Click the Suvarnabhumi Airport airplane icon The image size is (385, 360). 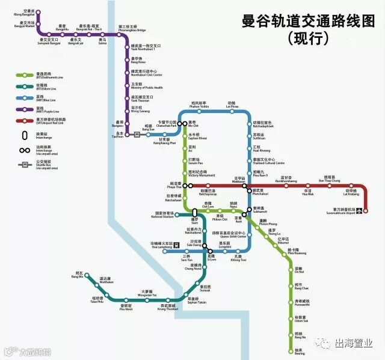(359, 211)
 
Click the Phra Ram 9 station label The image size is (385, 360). (258, 174)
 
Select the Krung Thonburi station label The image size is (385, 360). (167, 307)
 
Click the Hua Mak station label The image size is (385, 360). (307, 193)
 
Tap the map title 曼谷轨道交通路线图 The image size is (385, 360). (316, 22)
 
